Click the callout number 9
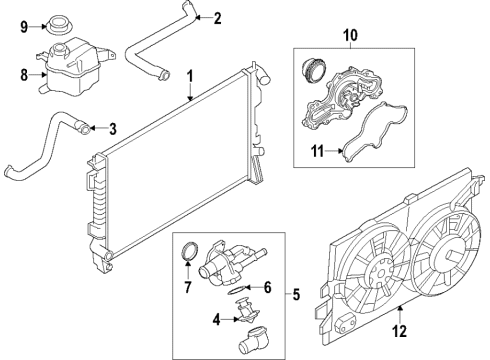(x=24, y=27)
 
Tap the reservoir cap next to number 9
(x=59, y=24)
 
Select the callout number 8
(x=24, y=75)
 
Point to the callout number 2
(x=217, y=18)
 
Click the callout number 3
(x=113, y=129)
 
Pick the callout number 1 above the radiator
(x=190, y=76)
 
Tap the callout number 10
(x=350, y=35)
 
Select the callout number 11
(x=318, y=152)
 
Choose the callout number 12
(x=399, y=331)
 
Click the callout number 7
(x=188, y=287)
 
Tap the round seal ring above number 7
(x=190, y=256)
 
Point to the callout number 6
(x=268, y=287)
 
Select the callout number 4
(x=216, y=320)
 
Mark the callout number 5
(x=296, y=294)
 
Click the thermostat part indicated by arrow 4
(x=247, y=311)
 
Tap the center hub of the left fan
(x=378, y=275)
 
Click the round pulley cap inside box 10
(x=313, y=70)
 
